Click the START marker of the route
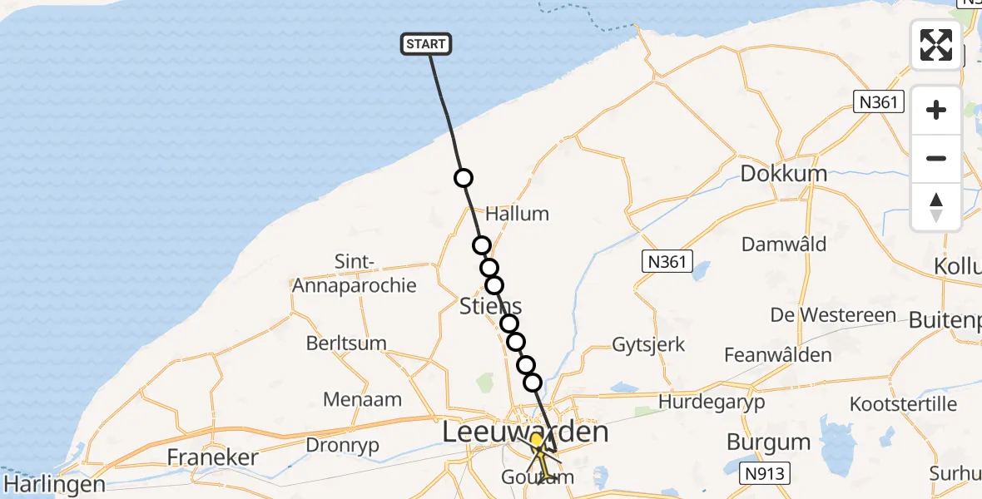(x=427, y=44)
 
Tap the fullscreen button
(x=936, y=45)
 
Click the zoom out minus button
(x=936, y=158)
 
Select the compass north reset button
(x=936, y=207)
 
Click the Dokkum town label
(x=784, y=174)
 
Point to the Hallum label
(x=517, y=214)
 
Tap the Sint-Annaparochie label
(x=354, y=274)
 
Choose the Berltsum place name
(x=346, y=343)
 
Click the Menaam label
(x=362, y=399)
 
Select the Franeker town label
(x=212, y=457)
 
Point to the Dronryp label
(x=342, y=445)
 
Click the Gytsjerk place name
(x=648, y=343)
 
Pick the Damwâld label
(x=785, y=244)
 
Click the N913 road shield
(x=764, y=474)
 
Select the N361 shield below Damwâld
(x=667, y=262)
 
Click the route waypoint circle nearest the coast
(x=463, y=178)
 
